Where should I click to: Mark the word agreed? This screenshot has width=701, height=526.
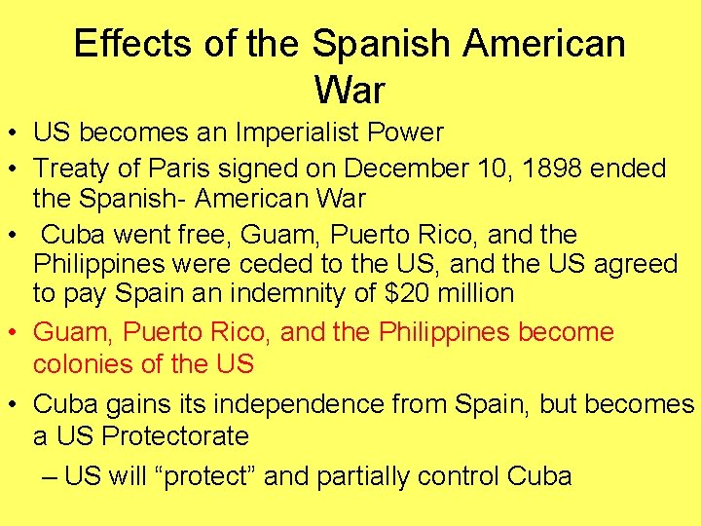click(x=636, y=265)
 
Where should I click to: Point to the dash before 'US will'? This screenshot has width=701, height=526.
click(x=51, y=475)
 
